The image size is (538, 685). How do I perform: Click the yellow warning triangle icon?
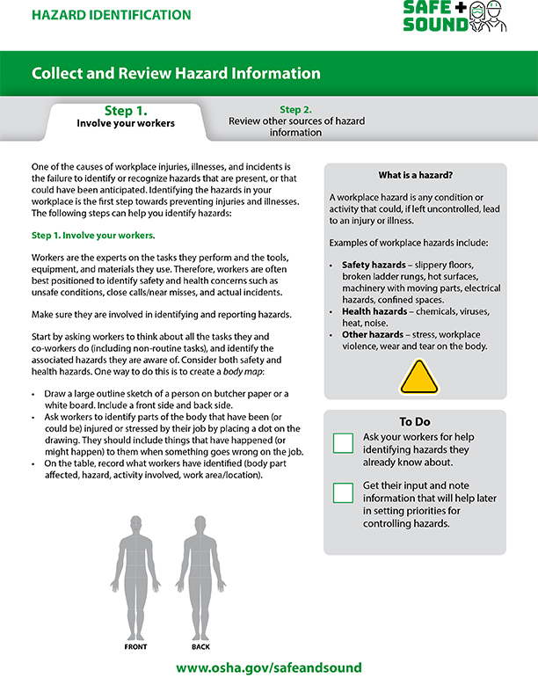point(418,376)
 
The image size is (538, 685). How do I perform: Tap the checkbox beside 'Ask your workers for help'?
point(343,442)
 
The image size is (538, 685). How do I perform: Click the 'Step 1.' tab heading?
point(125,111)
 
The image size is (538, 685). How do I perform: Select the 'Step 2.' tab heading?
point(295,110)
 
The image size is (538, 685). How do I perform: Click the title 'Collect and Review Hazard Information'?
point(176,73)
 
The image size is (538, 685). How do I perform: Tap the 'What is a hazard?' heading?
point(415,175)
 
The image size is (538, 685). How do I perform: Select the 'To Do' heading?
point(415,421)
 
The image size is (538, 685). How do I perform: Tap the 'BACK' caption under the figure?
point(200,647)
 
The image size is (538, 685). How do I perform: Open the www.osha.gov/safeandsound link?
point(268,668)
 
